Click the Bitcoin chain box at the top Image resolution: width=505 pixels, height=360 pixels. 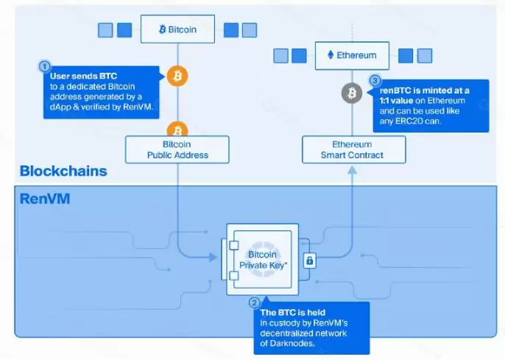pyautogui.click(x=178, y=29)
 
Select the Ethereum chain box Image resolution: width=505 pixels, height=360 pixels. pyautogui.click(x=352, y=56)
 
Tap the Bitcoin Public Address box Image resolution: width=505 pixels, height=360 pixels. pyautogui.click(x=177, y=149)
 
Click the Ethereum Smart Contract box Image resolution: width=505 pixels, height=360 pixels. pyautogui.click(x=354, y=149)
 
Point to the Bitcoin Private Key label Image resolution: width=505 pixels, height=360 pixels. pyautogui.click(x=263, y=260)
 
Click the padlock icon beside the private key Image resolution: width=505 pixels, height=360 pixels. pyautogui.click(x=309, y=261)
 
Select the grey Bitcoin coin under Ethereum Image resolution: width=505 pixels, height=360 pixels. pyautogui.click(x=352, y=93)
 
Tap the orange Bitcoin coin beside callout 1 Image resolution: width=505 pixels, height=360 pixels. pyautogui.click(x=177, y=77)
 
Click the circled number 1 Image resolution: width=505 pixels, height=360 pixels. pyautogui.click(x=45, y=66)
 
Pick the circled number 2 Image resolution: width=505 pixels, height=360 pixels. pyautogui.click(x=254, y=303)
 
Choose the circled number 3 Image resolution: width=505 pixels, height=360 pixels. pyautogui.click(x=375, y=80)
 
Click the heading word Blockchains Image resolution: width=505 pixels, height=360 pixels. pyautogui.click(x=63, y=171)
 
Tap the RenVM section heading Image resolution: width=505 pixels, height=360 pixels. pyautogui.click(x=45, y=199)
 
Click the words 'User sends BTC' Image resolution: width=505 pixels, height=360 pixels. pyautogui.click(x=83, y=76)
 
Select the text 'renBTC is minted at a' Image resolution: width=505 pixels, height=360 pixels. pyautogui.click(x=425, y=91)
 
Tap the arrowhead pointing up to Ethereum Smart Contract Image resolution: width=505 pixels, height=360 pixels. pyautogui.click(x=353, y=170)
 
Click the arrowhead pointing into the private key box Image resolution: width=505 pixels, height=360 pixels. pyautogui.click(x=213, y=257)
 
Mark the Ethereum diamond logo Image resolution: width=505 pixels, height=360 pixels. pyautogui.click(x=331, y=55)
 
